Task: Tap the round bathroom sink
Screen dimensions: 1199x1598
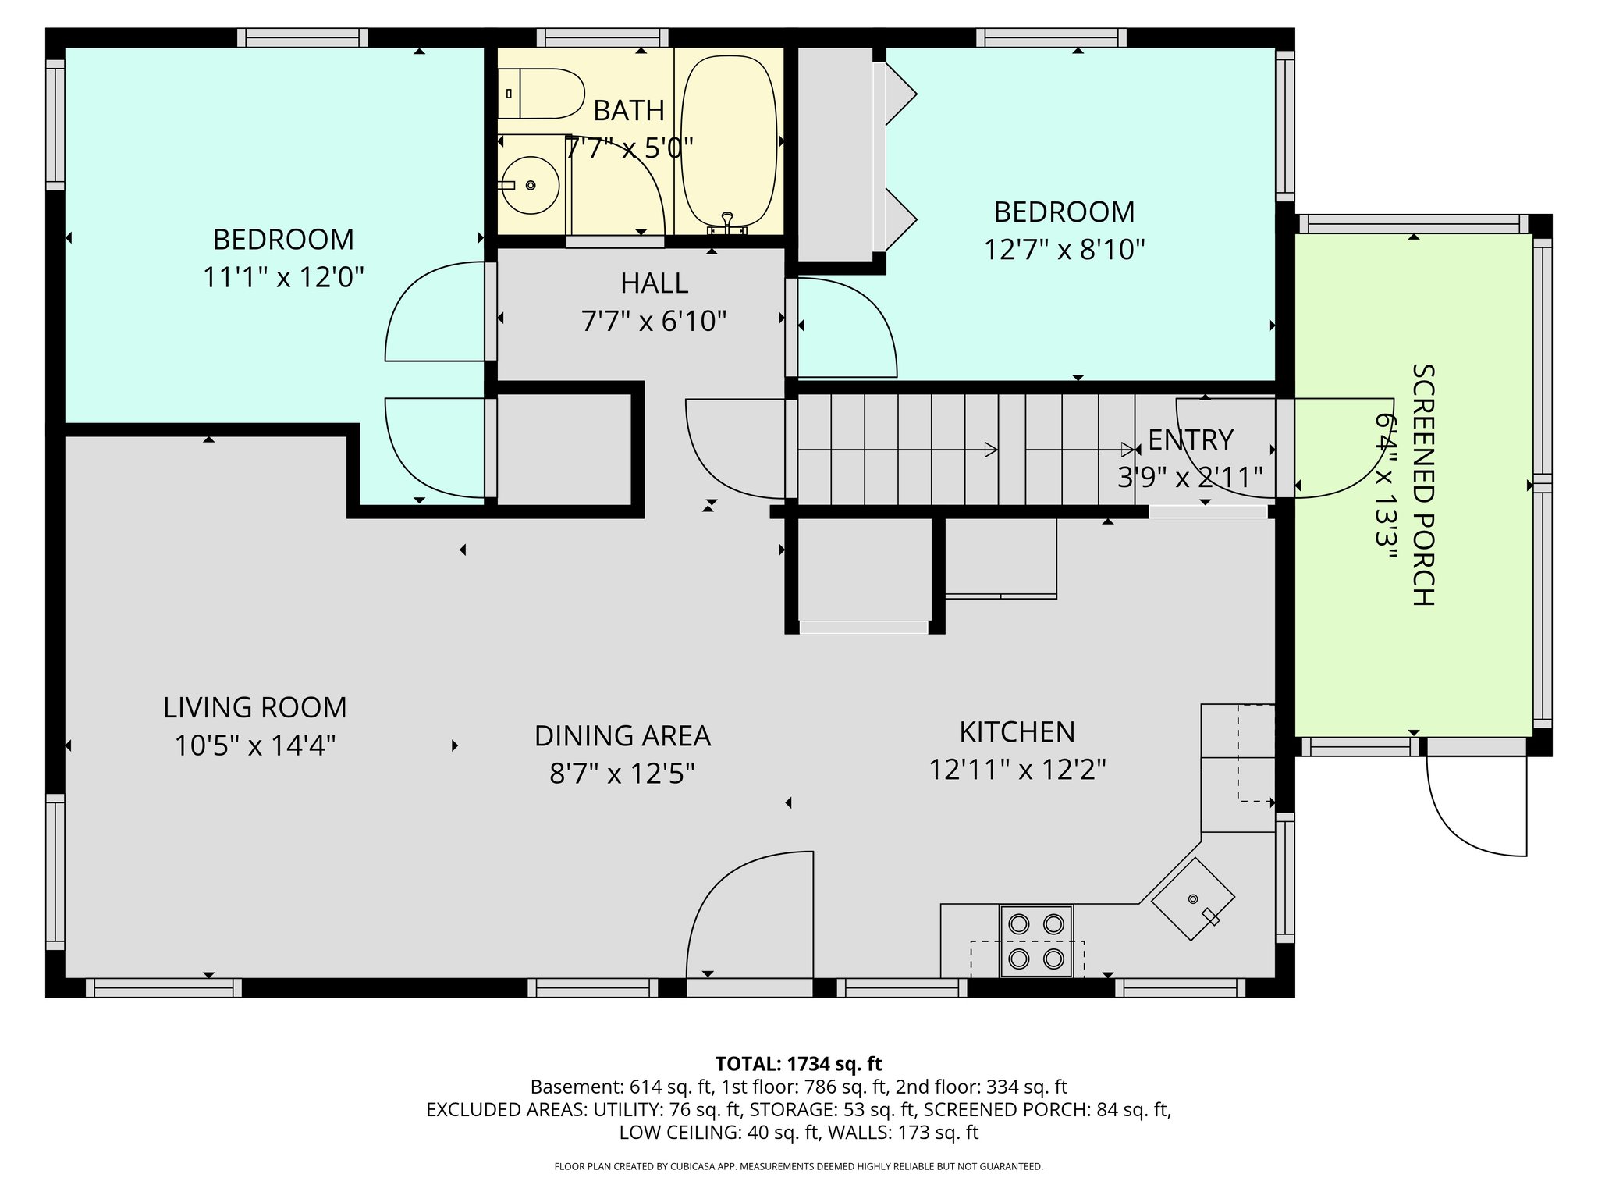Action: tap(530, 185)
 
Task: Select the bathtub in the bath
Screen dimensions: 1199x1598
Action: tap(729, 141)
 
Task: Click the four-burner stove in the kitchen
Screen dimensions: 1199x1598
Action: tap(1036, 941)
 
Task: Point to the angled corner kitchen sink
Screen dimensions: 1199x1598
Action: tap(1193, 899)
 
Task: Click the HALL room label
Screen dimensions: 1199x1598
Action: tap(654, 283)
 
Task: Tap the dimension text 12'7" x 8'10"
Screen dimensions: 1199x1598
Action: tap(1064, 250)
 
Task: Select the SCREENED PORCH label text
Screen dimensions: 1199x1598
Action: tap(1423, 485)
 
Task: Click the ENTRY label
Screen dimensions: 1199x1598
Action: tap(1191, 440)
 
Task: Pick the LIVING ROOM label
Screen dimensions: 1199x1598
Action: tap(254, 708)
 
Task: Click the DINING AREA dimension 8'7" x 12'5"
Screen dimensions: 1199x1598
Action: tap(622, 774)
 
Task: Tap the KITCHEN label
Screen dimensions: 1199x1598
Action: tap(1017, 732)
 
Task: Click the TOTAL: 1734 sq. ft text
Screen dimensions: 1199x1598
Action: tap(798, 1064)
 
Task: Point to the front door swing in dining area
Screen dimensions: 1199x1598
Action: tap(749, 913)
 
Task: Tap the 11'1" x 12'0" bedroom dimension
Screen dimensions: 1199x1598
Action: tap(283, 277)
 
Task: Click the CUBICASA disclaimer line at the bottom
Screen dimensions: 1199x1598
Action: tap(798, 1167)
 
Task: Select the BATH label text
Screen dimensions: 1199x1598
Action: tap(629, 111)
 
